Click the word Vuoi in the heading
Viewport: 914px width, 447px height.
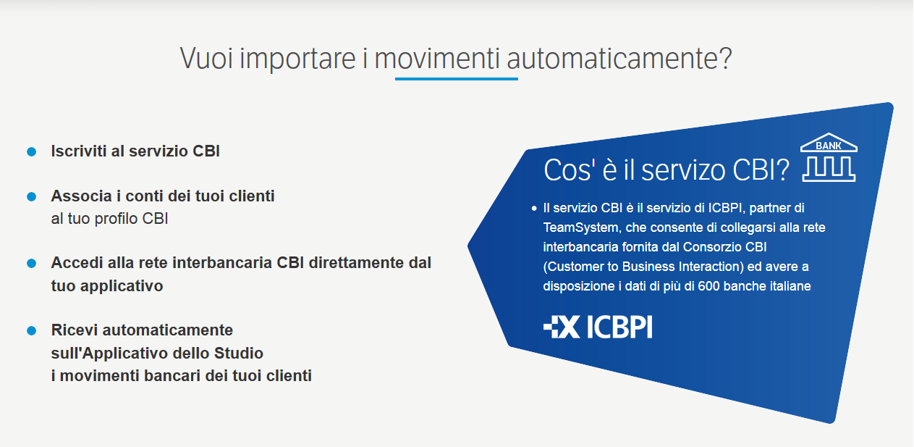(x=206, y=59)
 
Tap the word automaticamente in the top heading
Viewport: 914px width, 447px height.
(x=619, y=59)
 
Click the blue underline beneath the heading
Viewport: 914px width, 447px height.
(x=457, y=79)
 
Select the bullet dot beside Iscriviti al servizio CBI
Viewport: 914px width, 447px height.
(x=31, y=152)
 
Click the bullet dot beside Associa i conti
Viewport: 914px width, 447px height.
(x=31, y=197)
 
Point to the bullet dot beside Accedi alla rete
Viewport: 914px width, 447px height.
(x=31, y=264)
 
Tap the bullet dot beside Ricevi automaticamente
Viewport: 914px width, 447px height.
(x=31, y=330)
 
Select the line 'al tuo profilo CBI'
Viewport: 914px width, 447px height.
(x=109, y=219)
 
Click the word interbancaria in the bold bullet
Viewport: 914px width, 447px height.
(x=222, y=263)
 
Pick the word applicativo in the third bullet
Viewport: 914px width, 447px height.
(x=122, y=286)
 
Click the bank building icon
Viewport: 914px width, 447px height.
(x=829, y=157)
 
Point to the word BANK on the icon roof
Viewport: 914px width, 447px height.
(x=829, y=146)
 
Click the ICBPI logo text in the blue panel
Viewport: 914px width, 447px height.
(x=619, y=327)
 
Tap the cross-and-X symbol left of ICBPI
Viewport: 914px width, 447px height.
(x=562, y=327)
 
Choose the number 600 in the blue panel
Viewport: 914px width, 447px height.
(x=708, y=286)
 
